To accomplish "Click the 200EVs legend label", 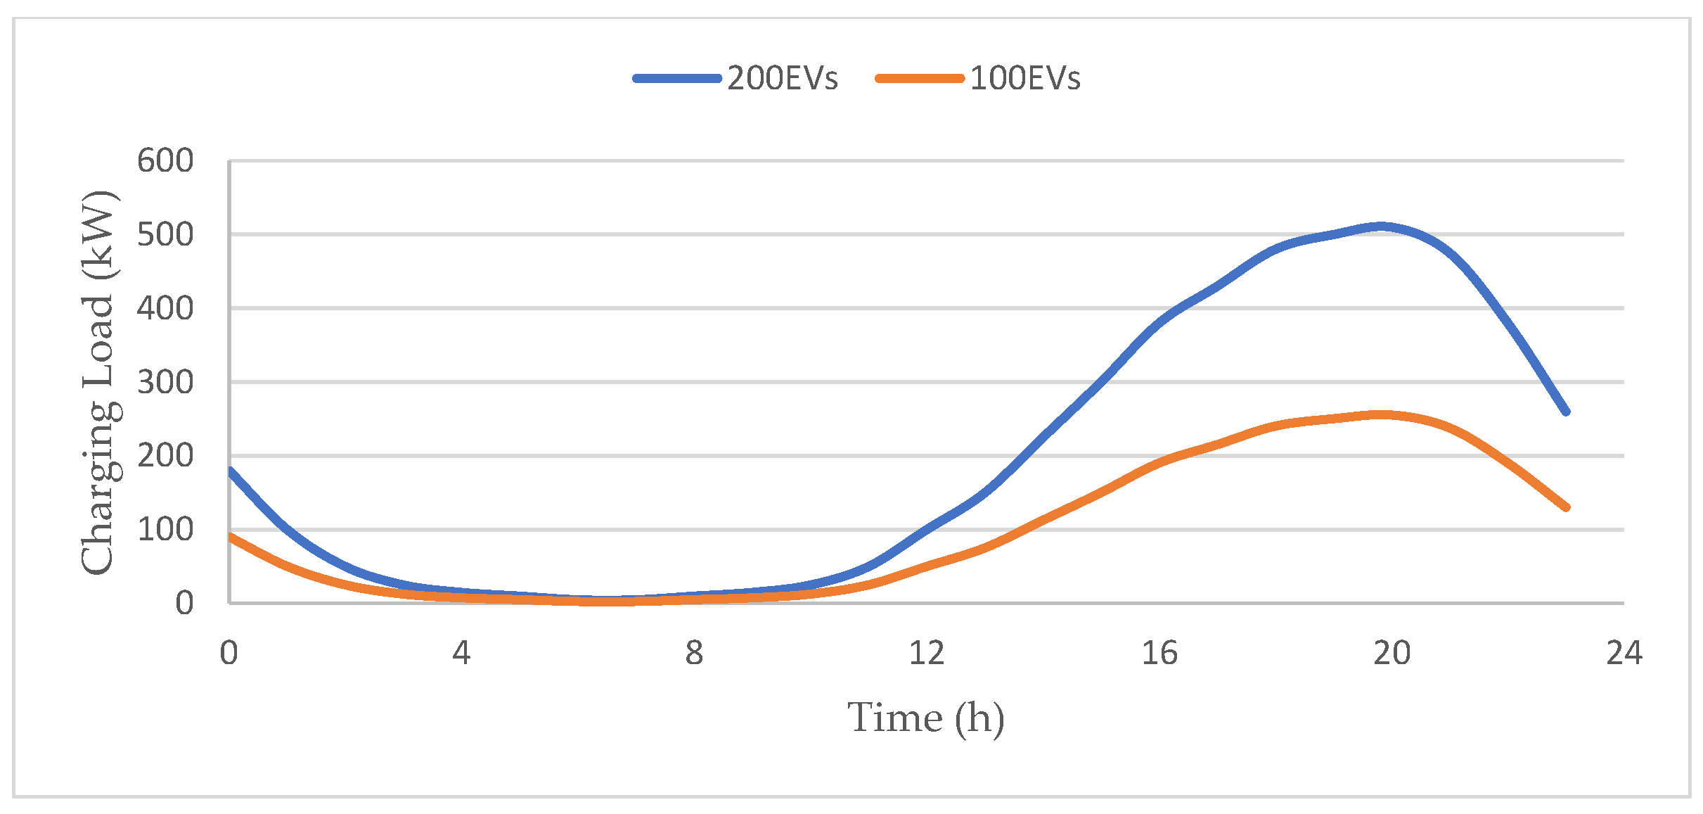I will coord(782,78).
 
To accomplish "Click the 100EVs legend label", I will coord(1024,78).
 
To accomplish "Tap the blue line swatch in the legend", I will coord(677,79).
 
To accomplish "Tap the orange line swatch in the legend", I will coord(920,79).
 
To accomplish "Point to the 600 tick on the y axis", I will coord(165,161).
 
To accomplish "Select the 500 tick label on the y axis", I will coord(165,234).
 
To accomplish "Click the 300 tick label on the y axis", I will coord(165,382).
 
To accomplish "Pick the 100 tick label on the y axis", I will coord(165,529).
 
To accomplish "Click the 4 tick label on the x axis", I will coord(461,653).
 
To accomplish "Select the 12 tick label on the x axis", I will coord(926,653).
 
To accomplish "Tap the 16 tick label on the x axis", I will coord(1159,653).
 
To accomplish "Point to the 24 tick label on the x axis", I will coord(1624,653).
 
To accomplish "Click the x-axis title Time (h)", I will coord(925,718).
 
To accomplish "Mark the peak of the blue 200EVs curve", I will coord(1381,227).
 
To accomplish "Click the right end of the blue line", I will coord(1566,412).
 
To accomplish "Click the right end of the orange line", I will coord(1566,507).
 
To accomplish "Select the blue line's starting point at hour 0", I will coord(230,470).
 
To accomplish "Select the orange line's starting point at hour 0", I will coord(230,536).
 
